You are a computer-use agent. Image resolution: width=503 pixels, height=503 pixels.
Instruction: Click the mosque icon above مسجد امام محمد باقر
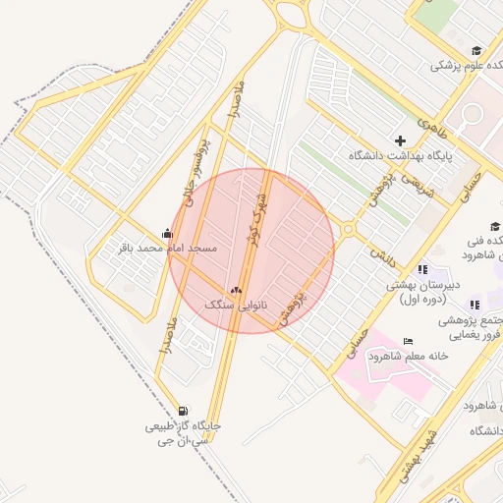pos(167,233)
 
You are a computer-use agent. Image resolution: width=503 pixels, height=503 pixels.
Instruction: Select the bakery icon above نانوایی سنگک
pos(235,291)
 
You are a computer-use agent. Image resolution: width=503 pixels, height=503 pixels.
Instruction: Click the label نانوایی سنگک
pos(236,306)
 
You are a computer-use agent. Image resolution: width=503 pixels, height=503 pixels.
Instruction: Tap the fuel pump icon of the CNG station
pos(184,412)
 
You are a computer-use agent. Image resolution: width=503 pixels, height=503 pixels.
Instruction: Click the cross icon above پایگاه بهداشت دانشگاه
pos(400,141)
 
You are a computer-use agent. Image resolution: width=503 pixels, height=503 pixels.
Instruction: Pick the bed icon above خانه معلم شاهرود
pos(408,341)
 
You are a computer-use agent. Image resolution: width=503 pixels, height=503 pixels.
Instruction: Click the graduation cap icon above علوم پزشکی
pos(476,51)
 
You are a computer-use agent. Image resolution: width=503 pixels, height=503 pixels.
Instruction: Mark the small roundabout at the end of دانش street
pos(348,230)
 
